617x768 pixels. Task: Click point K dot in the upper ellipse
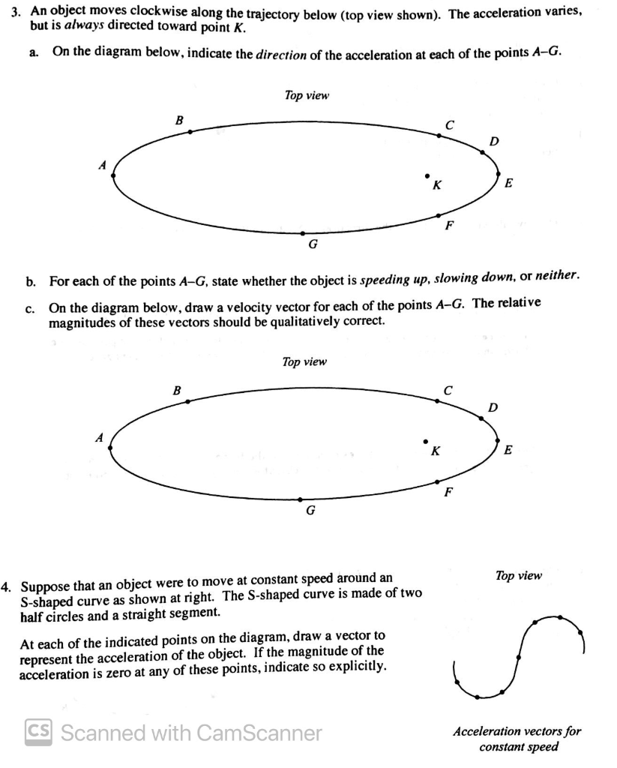(x=427, y=176)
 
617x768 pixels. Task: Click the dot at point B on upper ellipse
(x=190, y=132)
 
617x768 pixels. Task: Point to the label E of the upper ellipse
(x=510, y=182)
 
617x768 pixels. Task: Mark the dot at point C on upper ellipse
(x=439, y=136)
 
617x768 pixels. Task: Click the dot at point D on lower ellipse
(x=481, y=418)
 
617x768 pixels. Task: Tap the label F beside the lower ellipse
(x=448, y=493)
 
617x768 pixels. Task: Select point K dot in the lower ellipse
(x=425, y=441)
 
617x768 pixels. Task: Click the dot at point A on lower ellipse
(x=111, y=448)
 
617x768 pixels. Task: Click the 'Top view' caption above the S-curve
(x=518, y=575)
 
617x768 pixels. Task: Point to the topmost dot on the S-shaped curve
(x=559, y=617)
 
